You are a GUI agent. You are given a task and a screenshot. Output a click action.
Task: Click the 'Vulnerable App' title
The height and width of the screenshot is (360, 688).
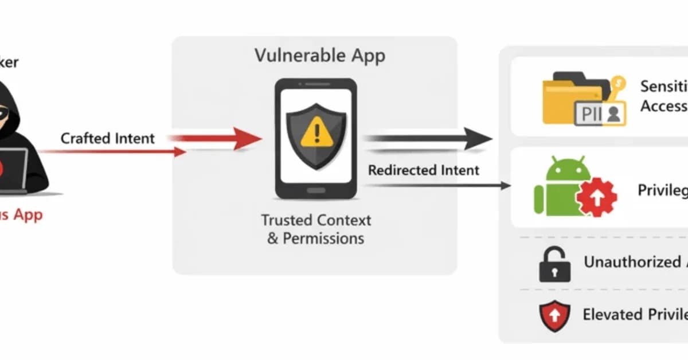coord(320,56)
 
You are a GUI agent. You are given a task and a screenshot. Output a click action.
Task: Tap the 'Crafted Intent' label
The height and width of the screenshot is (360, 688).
coord(108,138)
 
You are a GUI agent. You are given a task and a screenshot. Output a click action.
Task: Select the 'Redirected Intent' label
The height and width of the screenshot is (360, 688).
coord(424,170)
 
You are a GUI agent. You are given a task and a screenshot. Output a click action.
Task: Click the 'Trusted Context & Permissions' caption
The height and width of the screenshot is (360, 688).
coord(316,229)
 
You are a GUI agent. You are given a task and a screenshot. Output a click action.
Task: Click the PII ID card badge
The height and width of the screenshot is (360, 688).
coord(600,113)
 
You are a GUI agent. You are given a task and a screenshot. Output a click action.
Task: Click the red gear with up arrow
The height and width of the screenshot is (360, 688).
coord(596,197)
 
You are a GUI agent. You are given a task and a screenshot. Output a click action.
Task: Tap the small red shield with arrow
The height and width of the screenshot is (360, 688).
coord(554,316)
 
